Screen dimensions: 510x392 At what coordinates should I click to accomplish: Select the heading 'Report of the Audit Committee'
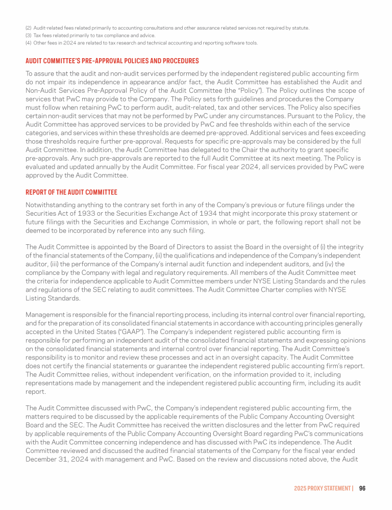tap(71, 192)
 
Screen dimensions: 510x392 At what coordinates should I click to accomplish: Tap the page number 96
tap(362, 488)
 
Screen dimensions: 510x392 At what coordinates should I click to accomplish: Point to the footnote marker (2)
tap(29, 28)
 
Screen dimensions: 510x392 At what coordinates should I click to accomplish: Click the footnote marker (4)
tap(29, 43)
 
